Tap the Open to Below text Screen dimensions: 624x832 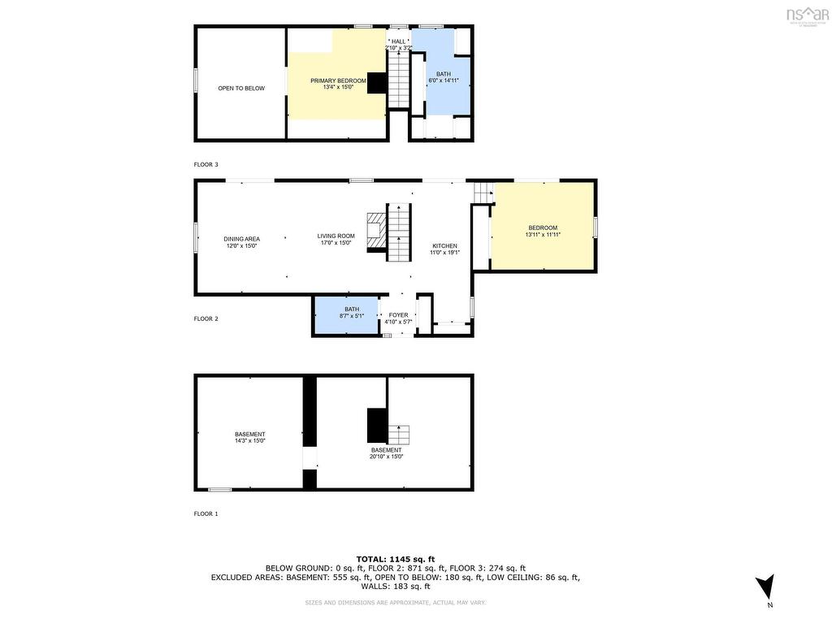tap(241, 89)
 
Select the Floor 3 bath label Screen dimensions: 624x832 tap(443, 77)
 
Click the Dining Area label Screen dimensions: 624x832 tap(241, 242)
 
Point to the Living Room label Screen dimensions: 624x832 tap(336, 239)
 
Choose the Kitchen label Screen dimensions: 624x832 tap(444, 249)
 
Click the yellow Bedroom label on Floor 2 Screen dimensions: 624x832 tap(543, 231)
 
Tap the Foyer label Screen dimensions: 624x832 tap(398, 318)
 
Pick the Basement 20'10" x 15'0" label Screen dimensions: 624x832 tap(386, 453)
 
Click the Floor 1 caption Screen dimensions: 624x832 tap(206, 513)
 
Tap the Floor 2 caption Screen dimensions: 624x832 tap(206, 318)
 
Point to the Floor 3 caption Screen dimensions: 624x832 tap(206, 164)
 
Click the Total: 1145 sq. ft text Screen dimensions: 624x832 tap(396, 559)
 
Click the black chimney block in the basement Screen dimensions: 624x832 tap(377, 424)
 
